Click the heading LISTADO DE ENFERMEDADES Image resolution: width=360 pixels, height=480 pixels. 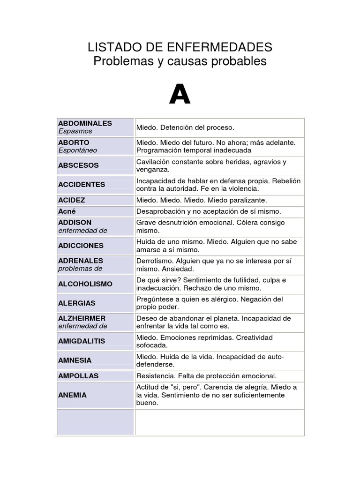pos(180,47)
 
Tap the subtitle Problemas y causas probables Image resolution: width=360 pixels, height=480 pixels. pos(180,61)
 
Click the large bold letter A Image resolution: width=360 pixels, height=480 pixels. pos(180,96)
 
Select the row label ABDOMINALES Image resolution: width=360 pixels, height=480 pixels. pos(85,123)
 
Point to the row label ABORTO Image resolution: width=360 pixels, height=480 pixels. pos(74,142)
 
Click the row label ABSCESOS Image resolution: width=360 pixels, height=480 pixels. pos(78,165)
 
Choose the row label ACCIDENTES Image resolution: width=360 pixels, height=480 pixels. pos(82,185)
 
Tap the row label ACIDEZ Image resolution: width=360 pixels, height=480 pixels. pos(72,200)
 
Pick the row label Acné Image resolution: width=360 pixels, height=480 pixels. pos(67,211)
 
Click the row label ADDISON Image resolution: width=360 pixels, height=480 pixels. pos(75,223)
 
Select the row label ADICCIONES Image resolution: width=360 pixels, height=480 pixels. pos(81,246)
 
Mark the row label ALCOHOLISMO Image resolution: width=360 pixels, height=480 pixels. pos(85,284)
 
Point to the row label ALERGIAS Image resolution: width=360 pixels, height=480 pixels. pos(77,303)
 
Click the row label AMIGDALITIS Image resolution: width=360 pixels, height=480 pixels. pos(82,341)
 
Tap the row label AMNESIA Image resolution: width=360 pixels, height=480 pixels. pos(75,360)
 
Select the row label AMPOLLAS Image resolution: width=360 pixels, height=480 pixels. pos(77,376)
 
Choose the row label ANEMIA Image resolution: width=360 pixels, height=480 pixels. pos(73,395)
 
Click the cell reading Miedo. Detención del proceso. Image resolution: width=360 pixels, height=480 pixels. pos(185,127)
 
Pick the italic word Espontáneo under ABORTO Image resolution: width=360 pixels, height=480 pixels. pos(78,150)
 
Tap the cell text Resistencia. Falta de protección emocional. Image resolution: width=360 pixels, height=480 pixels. pos(207,376)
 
